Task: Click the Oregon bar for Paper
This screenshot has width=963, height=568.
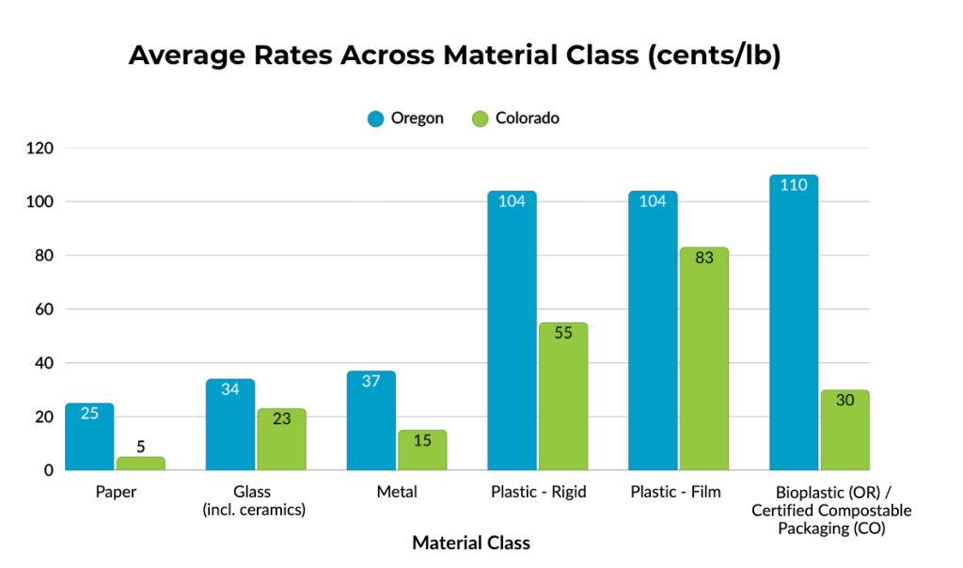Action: pyautogui.click(x=89, y=437)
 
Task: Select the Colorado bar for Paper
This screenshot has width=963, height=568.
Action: pyautogui.click(x=141, y=464)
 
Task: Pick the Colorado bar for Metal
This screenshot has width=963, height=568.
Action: pyautogui.click(x=422, y=450)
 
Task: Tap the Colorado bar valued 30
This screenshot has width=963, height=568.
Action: pyautogui.click(x=845, y=430)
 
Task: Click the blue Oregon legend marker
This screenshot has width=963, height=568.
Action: pyautogui.click(x=375, y=119)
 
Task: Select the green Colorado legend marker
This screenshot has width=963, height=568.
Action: pyautogui.click(x=480, y=119)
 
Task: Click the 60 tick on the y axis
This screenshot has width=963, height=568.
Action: pyautogui.click(x=44, y=309)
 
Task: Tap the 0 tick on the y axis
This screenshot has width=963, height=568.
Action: pyautogui.click(x=48, y=470)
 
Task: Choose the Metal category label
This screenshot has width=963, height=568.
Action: pyautogui.click(x=396, y=492)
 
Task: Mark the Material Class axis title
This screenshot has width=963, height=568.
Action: pyautogui.click(x=471, y=543)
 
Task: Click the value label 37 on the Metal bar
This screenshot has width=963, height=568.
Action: pyautogui.click(x=371, y=382)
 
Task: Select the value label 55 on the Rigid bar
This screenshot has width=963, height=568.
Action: pyautogui.click(x=563, y=334)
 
